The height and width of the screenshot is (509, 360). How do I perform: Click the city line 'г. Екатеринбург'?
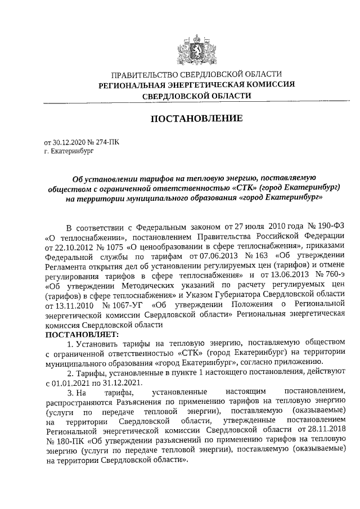point(67,151)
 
